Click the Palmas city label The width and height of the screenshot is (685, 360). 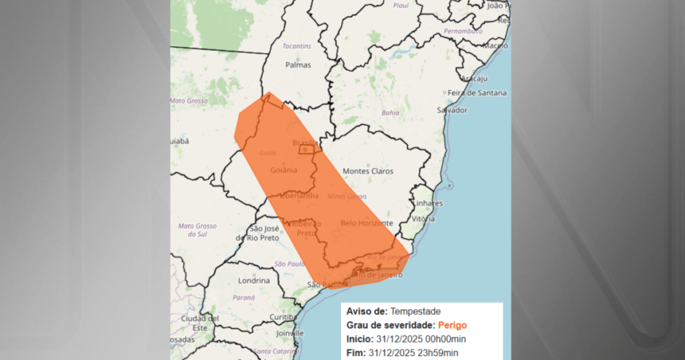(298, 66)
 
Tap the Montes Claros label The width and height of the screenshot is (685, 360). (367, 171)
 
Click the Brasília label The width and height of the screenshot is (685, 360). (306, 143)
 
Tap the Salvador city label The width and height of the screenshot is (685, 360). (452, 110)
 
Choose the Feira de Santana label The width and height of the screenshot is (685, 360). (476, 93)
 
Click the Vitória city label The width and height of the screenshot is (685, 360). (423, 219)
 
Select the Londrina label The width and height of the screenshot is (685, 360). (254, 281)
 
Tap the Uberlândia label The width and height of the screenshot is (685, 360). (299, 196)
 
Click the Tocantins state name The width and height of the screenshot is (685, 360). (298, 46)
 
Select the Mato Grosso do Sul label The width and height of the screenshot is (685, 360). (197, 230)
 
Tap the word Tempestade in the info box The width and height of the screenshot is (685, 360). (415, 311)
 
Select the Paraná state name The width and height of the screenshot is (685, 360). (244, 297)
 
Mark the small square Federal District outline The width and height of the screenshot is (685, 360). (305, 151)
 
